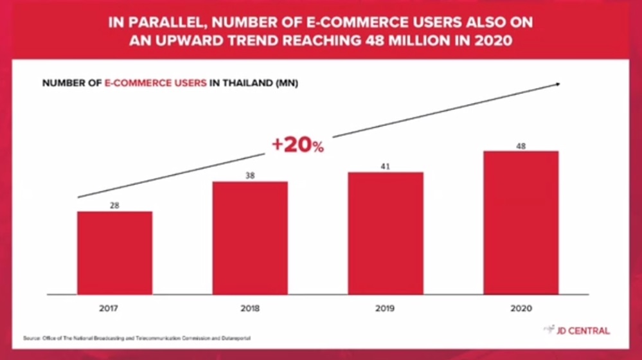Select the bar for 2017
point(115,253)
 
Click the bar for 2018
point(250,238)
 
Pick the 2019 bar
point(386,233)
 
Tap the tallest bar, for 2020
point(521,222)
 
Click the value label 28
point(114,205)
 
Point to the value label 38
point(250,175)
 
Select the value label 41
point(385,166)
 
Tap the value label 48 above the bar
point(521,146)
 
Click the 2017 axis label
point(109,309)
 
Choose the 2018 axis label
point(250,309)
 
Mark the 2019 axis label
point(385,309)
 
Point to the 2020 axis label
point(521,309)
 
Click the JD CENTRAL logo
point(576,330)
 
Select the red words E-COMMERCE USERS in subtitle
point(155,84)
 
